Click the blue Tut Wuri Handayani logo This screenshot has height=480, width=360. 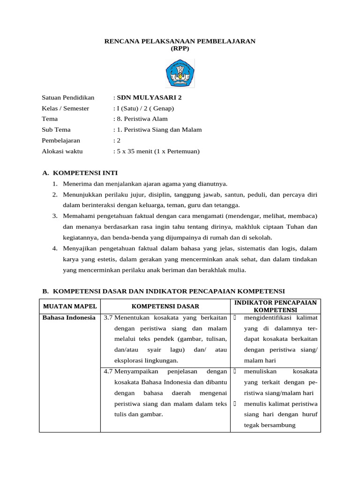click(180, 73)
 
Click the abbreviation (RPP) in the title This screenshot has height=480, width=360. click(180, 48)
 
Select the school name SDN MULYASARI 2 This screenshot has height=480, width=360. click(149, 97)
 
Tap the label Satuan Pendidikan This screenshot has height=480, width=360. click(68, 97)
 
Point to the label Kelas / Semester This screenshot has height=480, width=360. click(66, 108)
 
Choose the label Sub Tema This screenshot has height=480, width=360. click(56, 130)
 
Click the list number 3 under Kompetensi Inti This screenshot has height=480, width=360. click(55, 216)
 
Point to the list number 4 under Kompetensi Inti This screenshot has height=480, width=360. click(55, 248)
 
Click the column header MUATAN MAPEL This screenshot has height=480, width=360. click(70, 306)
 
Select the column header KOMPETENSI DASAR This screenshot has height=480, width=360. click(165, 306)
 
